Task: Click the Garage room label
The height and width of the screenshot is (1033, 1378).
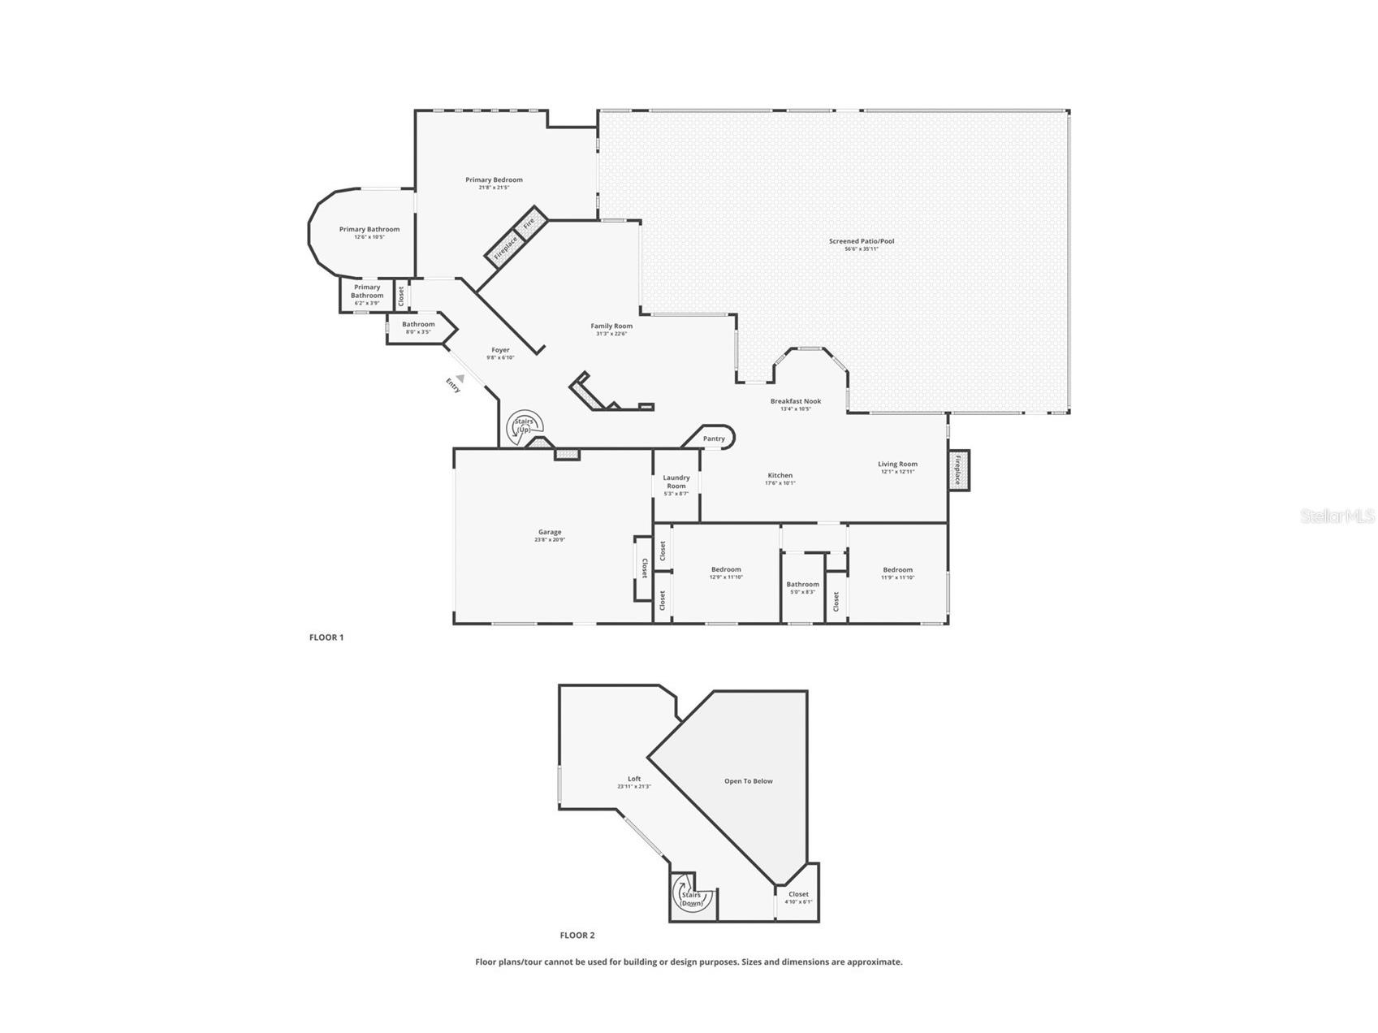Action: (550, 533)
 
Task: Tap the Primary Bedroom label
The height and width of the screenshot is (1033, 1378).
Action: (494, 180)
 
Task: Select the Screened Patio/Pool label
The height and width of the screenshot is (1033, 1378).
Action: (862, 241)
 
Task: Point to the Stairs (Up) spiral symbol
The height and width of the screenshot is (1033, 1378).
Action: (524, 426)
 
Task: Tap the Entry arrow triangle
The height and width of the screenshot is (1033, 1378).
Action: (460, 378)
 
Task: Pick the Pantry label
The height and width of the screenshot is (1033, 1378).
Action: (714, 439)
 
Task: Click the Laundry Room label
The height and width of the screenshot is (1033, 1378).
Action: (676, 482)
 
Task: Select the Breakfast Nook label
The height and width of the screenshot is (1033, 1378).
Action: (796, 401)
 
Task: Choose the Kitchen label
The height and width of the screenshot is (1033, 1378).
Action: (780, 476)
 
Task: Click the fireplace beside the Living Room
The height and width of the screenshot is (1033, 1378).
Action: (958, 470)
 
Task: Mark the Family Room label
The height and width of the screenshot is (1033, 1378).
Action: (611, 326)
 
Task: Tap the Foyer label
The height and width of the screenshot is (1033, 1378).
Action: (500, 350)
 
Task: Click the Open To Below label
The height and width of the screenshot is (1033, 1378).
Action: (749, 781)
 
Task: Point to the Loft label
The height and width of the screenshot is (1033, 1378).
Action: (634, 779)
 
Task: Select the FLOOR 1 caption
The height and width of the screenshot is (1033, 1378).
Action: (326, 638)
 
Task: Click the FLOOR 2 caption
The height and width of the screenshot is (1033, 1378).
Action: (577, 936)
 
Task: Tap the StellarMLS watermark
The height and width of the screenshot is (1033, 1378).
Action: (1337, 516)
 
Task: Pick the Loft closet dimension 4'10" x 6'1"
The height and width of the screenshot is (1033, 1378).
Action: (798, 902)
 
